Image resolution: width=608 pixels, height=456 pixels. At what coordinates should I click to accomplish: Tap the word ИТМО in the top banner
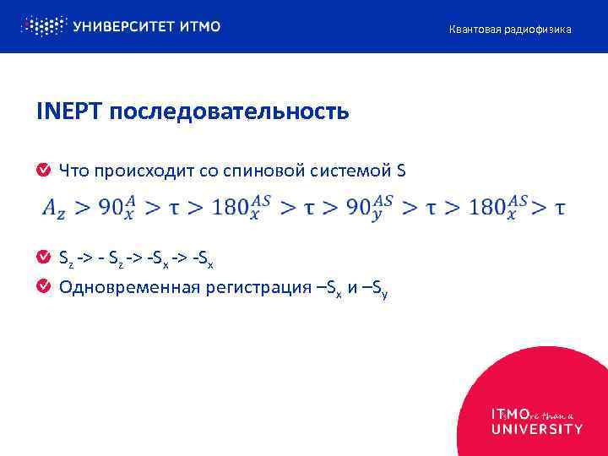(x=200, y=26)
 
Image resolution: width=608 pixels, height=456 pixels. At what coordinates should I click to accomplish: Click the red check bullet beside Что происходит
(x=43, y=171)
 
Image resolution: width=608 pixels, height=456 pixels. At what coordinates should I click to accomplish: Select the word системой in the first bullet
(x=347, y=171)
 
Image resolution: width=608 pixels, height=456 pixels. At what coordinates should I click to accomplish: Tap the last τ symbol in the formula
(x=560, y=208)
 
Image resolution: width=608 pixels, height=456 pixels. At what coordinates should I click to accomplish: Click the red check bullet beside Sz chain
(x=43, y=256)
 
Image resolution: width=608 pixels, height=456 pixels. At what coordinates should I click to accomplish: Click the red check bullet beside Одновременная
(x=43, y=287)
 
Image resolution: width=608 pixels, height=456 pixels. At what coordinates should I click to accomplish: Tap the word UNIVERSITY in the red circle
(x=536, y=429)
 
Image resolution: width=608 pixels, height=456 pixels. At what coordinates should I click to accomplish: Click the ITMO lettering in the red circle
(x=510, y=415)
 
